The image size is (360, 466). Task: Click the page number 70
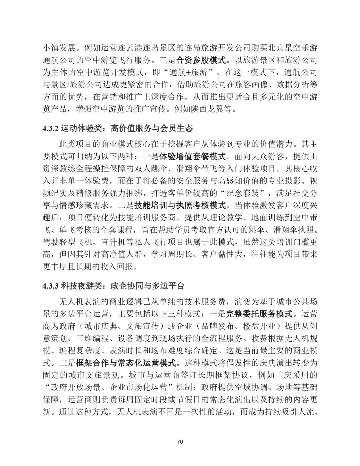[180, 442]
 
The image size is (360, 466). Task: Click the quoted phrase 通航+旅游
[193, 72]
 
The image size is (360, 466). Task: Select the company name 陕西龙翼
[209, 109]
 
